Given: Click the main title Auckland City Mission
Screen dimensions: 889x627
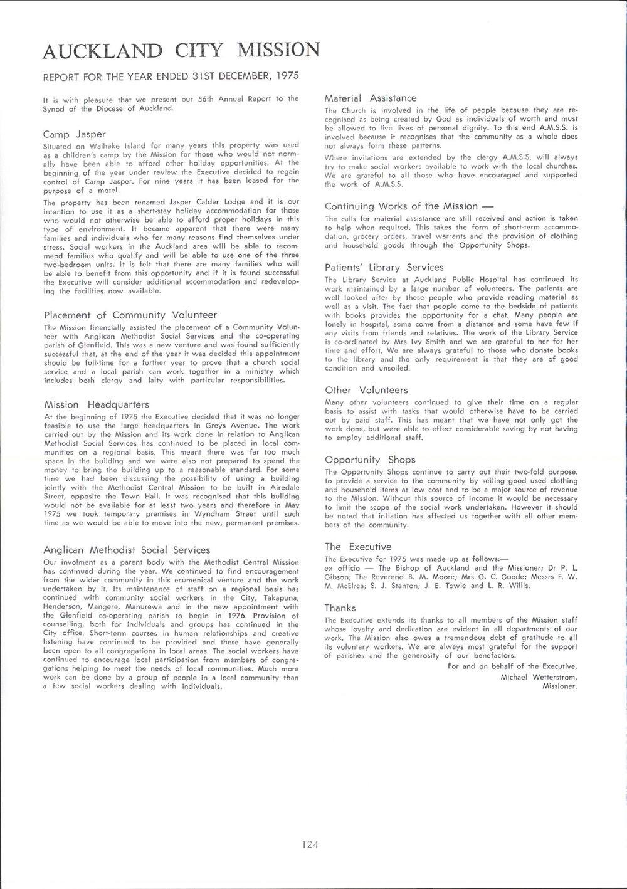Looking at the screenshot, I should coord(181,51).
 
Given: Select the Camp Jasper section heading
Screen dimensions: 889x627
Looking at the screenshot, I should coord(75,134).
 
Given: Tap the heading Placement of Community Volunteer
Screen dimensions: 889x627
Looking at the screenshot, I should coord(130,315).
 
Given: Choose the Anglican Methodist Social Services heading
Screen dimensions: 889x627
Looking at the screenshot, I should coord(127,550).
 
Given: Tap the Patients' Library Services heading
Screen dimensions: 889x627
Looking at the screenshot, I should coord(384,267).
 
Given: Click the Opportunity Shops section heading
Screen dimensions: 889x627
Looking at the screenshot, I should coord(370,460).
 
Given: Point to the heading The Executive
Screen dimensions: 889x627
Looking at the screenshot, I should coord(357,547).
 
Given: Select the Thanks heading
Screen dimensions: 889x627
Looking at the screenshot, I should coord(340,608).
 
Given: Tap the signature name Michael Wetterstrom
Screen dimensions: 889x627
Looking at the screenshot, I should coord(539,677).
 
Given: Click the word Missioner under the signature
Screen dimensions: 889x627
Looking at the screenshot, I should coord(559,686).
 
